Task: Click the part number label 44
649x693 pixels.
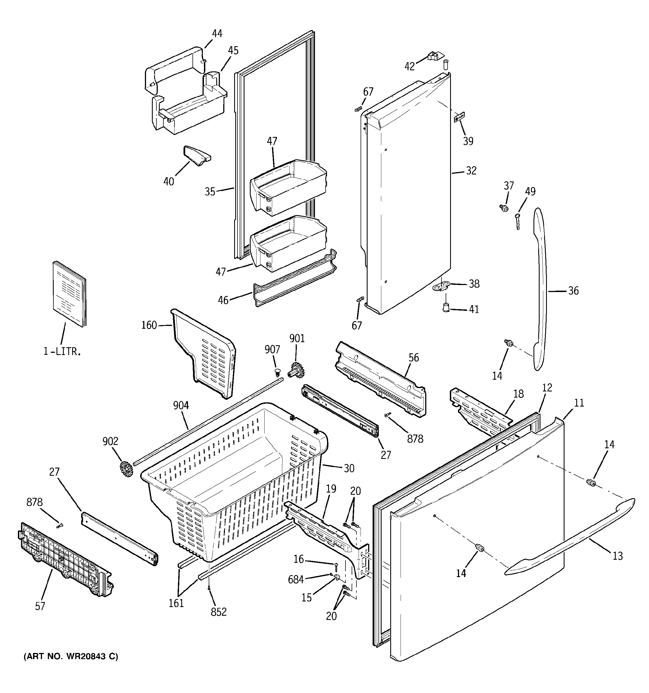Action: (x=217, y=34)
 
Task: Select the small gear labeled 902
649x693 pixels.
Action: (x=126, y=469)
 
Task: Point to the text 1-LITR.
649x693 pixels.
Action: (x=62, y=352)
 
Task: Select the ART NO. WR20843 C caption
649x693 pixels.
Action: (x=71, y=657)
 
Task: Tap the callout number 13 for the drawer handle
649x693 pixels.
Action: (x=617, y=556)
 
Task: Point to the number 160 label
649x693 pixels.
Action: (x=149, y=325)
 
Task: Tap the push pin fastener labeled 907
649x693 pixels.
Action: (x=277, y=372)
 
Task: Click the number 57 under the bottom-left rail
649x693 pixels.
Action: (x=40, y=606)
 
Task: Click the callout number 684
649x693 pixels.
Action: (x=296, y=579)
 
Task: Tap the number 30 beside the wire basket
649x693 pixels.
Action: (x=349, y=468)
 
